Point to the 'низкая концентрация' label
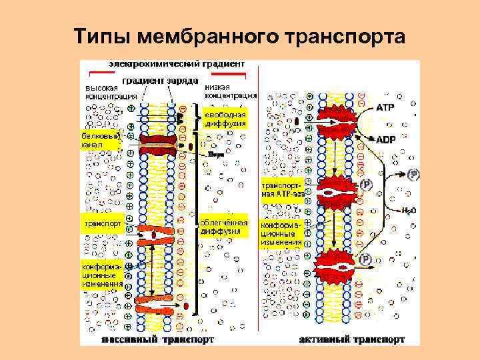click(227, 91)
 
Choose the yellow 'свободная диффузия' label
click(225, 119)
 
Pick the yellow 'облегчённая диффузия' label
click(224, 227)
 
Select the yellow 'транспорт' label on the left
click(101, 224)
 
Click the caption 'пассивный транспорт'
click(158, 339)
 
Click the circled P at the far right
click(414, 175)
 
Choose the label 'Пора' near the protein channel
click(215, 155)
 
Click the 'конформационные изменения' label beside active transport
click(281, 234)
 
